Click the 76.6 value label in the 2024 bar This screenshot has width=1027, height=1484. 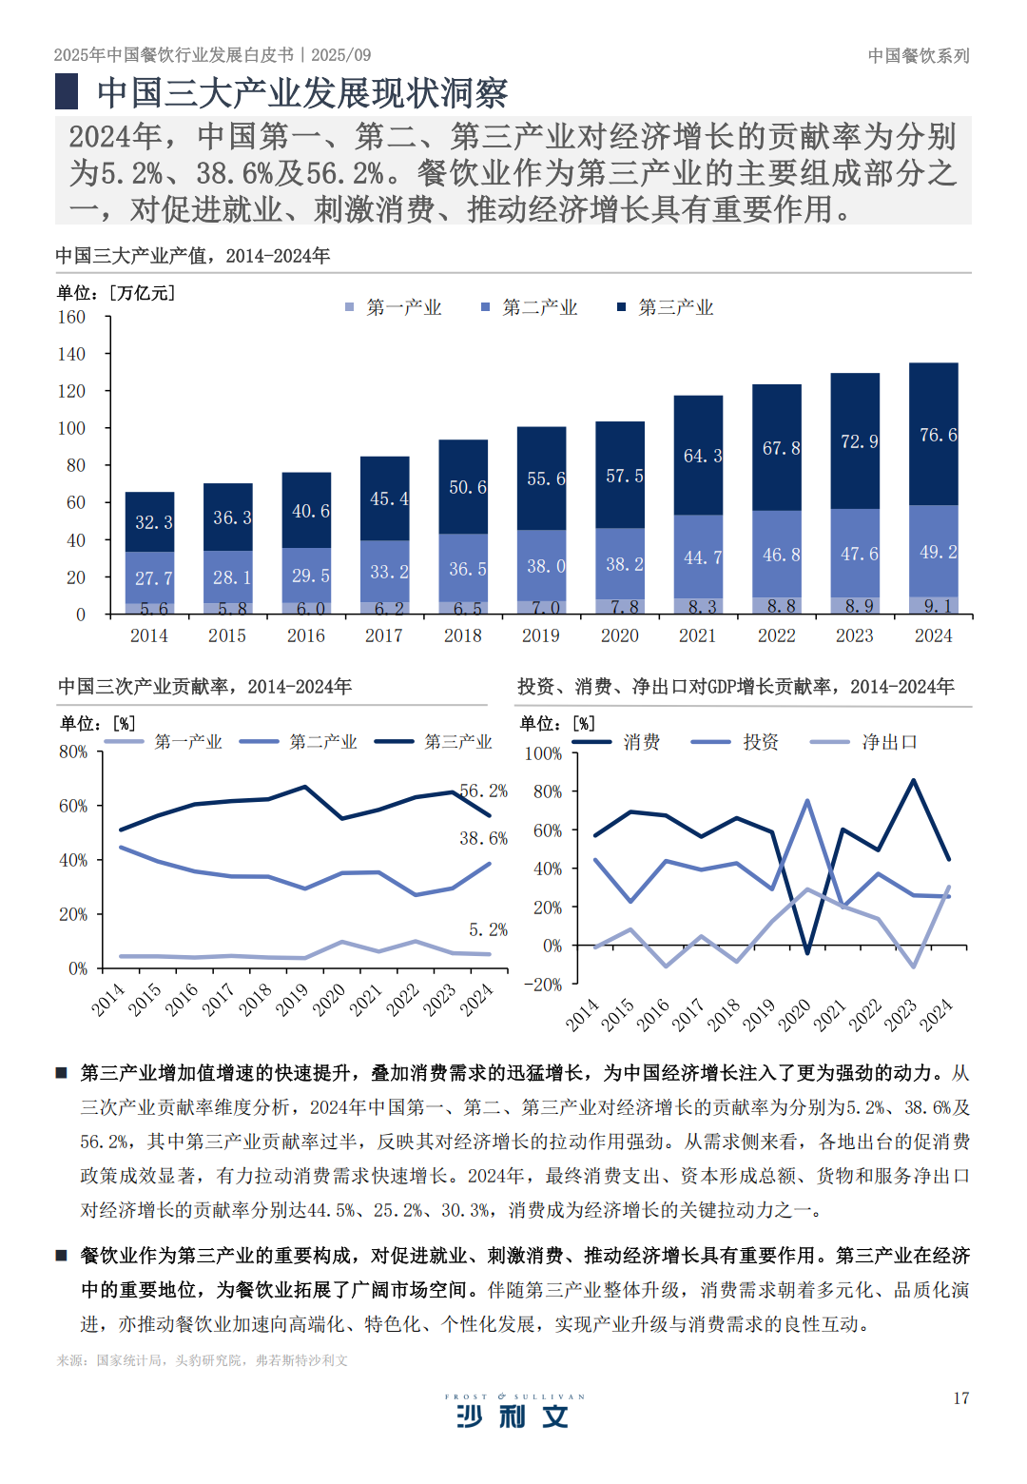point(938,435)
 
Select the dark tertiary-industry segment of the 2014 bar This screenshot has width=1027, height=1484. point(150,521)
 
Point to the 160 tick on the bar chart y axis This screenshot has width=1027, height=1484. point(71,317)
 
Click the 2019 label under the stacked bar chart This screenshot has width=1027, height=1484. point(541,635)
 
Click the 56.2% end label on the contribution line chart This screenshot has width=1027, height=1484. point(483,791)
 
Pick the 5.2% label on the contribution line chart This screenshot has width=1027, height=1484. point(488,929)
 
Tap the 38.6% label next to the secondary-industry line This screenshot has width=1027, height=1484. point(483,838)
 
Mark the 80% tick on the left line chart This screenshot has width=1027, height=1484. point(73,752)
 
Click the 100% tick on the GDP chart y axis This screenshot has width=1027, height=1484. point(543,753)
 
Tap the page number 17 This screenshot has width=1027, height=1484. point(961,1397)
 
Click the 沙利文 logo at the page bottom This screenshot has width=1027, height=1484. point(513,1416)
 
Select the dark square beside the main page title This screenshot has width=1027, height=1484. point(67,91)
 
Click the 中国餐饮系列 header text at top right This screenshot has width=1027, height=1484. point(919,55)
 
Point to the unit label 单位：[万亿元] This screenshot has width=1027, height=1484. point(115,293)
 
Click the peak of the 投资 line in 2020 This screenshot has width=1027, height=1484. point(807,801)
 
